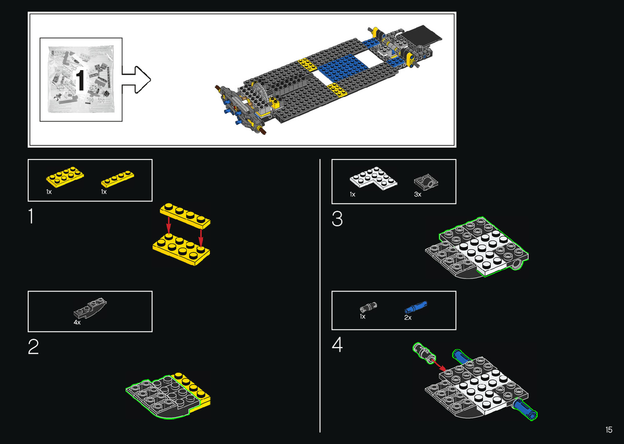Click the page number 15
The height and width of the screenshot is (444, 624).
(609, 430)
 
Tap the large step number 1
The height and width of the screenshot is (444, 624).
(31, 216)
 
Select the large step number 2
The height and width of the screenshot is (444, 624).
(33, 347)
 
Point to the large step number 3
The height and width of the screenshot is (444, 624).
(337, 219)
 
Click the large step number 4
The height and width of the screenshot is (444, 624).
(337, 345)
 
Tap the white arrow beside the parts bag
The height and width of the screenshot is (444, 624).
(137, 80)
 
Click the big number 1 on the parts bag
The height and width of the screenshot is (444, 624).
(81, 80)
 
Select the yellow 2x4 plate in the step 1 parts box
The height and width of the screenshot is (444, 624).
(65, 177)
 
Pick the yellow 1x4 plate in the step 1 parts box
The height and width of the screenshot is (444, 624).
(117, 179)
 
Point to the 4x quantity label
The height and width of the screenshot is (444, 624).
(77, 323)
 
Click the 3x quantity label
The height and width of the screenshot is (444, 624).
(417, 194)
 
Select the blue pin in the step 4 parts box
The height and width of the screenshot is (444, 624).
(416, 307)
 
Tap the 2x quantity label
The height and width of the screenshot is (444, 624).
(408, 318)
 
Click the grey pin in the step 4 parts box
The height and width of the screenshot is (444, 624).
(368, 307)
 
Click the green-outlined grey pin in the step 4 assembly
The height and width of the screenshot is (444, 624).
(423, 353)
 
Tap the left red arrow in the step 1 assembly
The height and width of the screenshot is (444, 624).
(168, 225)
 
